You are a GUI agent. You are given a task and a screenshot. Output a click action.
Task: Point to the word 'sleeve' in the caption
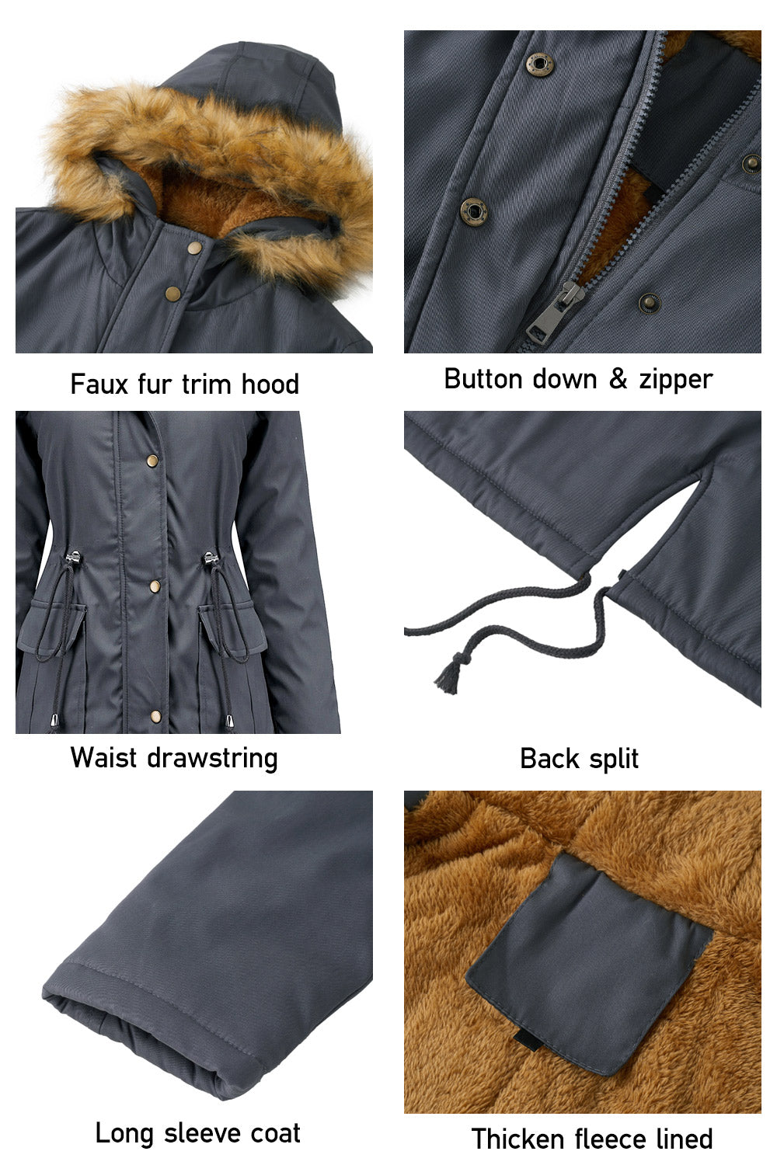[197, 1133]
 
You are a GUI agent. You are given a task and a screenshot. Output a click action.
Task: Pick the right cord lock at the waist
[209, 559]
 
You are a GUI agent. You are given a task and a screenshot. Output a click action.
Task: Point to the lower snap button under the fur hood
[172, 292]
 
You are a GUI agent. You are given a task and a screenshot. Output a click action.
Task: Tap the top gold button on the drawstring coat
[153, 461]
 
